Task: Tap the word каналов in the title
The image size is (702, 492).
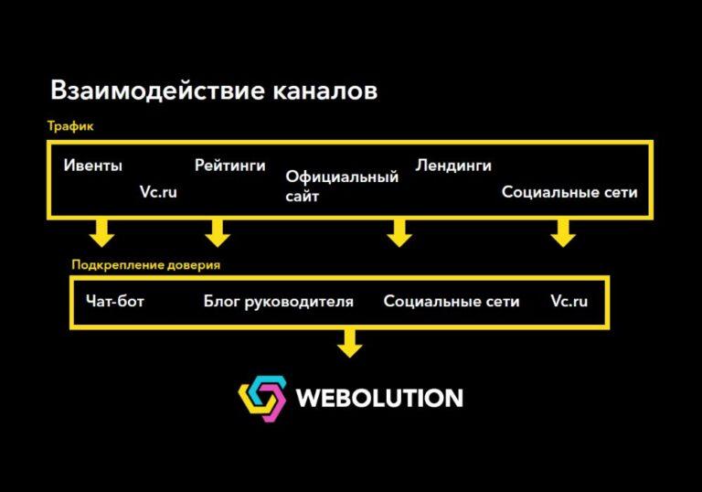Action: pos(325,91)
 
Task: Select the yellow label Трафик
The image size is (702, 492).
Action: pos(70,126)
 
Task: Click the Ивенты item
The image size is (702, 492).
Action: pos(92,166)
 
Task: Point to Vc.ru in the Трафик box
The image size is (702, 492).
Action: pos(158,192)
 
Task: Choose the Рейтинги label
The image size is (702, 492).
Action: pos(230,166)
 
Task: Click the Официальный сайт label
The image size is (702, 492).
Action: pos(342,186)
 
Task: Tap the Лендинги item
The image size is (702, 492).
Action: pos(453,166)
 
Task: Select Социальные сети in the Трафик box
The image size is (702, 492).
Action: pos(569,192)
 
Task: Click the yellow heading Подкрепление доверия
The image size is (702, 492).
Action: pos(146,265)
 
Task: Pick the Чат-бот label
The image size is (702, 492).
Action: pos(115,301)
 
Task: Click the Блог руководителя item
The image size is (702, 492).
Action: pos(279,302)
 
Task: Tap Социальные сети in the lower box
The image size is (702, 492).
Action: pos(452,301)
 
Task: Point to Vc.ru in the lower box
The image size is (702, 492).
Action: pos(569,301)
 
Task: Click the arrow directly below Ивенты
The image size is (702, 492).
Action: pos(102,233)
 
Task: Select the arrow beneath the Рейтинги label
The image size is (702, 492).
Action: pos(218,233)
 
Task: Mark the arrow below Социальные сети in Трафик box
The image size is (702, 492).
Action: pos(563,233)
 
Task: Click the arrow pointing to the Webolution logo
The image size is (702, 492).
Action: pos(350,343)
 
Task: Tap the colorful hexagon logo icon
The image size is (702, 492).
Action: pos(262,399)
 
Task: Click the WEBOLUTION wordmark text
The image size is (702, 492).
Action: pos(379,398)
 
